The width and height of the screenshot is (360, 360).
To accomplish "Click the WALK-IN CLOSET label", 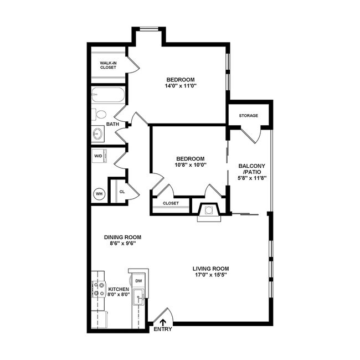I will pyautogui.click(x=108, y=65).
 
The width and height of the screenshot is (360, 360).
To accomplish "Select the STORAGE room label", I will pyautogui.click(x=248, y=116).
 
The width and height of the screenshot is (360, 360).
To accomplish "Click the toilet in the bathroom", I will pyautogui.click(x=100, y=115).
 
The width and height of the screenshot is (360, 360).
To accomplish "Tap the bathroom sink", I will pyautogui.click(x=98, y=133).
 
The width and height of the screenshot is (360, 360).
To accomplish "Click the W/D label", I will pyautogui.click(x=98, y=156).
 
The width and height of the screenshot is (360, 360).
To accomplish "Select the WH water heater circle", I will pyautogui.click(x=99, y=194).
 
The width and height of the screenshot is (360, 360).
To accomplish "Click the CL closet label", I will pyautogui.click(x=121, y=192).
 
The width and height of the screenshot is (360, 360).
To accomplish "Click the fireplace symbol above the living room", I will pyautogui.click(x=208, y=210).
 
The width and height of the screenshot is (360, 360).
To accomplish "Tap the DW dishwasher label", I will pyautogui.click(x=138, y=281).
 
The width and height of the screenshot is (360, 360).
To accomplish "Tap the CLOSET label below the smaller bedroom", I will pyautogui.click(x=171, y=203).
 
